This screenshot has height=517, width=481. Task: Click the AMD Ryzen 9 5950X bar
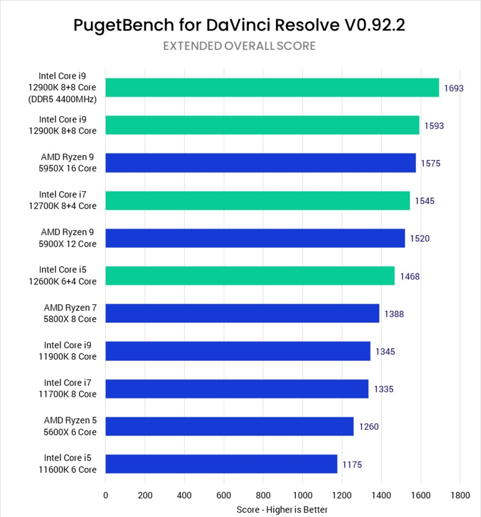260,163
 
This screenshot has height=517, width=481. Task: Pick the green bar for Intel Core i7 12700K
257,201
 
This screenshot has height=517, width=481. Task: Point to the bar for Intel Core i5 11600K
221,464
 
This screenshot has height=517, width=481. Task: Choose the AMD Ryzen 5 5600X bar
229,426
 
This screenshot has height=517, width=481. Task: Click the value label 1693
453,88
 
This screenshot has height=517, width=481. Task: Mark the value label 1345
385,352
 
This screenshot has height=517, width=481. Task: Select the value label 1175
352,465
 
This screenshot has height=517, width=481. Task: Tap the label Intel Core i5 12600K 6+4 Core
67,276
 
